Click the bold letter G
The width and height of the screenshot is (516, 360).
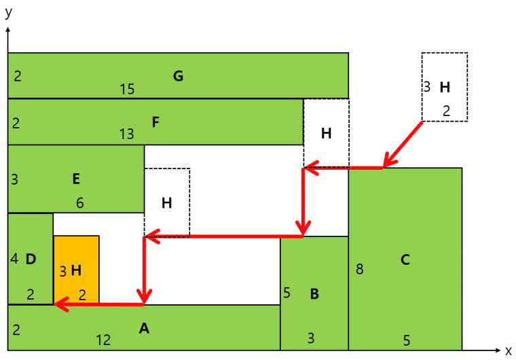(178, 76)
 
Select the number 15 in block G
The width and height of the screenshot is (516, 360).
(127, 89)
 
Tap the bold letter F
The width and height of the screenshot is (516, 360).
(155, 122)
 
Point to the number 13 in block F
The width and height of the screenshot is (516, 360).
(127, 134)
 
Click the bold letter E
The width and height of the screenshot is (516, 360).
(76, 179)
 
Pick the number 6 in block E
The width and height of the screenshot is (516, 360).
(80, 203)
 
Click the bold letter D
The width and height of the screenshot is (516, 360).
(31, 259)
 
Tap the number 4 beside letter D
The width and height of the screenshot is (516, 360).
(14, 259)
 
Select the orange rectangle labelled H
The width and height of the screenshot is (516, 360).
(76, 270)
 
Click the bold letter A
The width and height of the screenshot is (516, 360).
(144, 328)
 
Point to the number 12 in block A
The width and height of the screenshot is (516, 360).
(103, 340)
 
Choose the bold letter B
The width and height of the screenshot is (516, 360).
(314, 294)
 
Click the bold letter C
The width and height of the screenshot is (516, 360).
(405, 260)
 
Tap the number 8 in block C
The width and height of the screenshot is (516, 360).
(360, 269)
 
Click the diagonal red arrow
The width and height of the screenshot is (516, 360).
(403, 144)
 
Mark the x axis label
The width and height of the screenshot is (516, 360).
(509, 350)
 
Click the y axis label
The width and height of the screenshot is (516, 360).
(9, 12)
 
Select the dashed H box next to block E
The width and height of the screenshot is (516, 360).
(167, 202)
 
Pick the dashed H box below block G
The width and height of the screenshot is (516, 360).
(326, 133)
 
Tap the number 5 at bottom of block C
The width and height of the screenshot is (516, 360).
(407, 340)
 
